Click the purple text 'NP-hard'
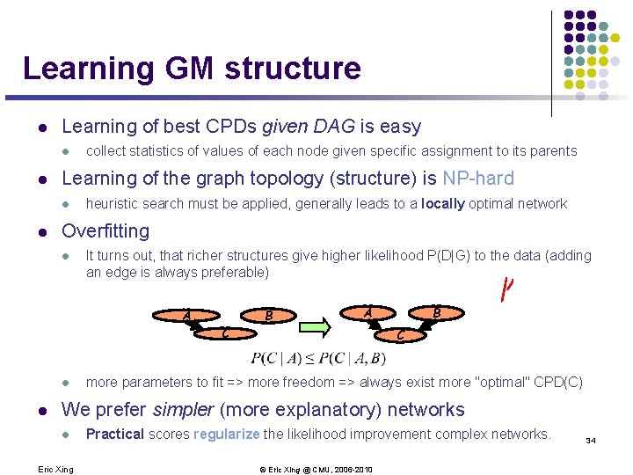(478, 179)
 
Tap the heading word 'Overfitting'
(105, 230)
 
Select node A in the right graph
(368, 313)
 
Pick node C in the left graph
(226, 331)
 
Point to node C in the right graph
(400, 333)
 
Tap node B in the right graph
(436, 313)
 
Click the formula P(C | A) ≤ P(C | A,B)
(317, 358)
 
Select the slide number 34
(590, 440)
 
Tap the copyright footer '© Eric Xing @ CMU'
(317, 469)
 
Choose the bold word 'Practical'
(115, 434)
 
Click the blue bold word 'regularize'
(226, 434)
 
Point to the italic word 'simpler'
(183, 409)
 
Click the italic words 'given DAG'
(290, 127)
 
